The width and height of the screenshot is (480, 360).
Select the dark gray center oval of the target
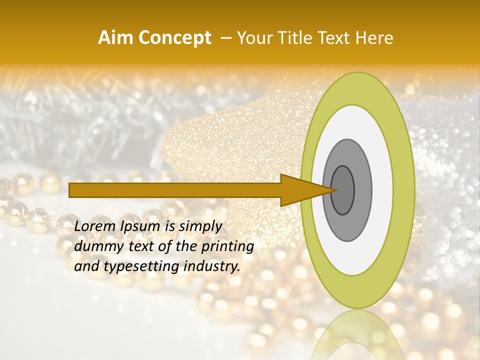pyautogui.click(x=342, y=190)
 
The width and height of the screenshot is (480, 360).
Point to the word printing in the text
pyautogui.click(x=227, y=247)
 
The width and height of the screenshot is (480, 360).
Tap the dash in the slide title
pyautogui.click(x=225, y=38)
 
